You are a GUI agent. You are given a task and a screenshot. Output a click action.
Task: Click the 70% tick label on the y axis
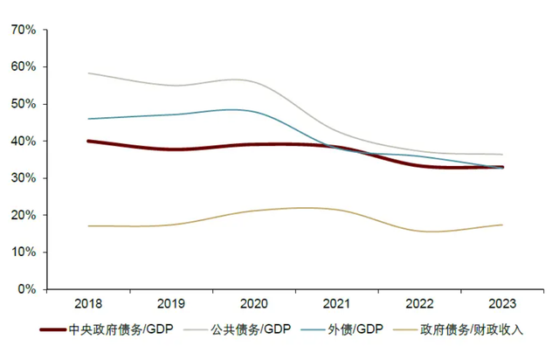[x=24, y=30]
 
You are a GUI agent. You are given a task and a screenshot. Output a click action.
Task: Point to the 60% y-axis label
[x=24, y=66]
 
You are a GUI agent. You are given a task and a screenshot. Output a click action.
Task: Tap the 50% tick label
[x=24, y=104]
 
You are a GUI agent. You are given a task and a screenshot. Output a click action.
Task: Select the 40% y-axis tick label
[x=24, y=141]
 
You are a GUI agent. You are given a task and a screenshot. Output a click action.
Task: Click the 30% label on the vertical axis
[x=24, y=178]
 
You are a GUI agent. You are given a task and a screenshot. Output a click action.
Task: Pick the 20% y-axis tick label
[x=24, y=215]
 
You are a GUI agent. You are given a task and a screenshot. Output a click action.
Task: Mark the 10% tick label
[x=24, y=252]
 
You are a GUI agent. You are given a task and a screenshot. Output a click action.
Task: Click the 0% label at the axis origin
[x=26, y=289]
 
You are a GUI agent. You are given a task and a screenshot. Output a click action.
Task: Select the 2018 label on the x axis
[x=87, y=305]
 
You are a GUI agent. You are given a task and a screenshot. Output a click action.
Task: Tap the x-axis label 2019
[x=170, y=305]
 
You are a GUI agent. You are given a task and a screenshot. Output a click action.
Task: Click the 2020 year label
[x=253, y=305]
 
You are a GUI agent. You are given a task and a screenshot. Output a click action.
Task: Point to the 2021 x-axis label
[x=336, y=305]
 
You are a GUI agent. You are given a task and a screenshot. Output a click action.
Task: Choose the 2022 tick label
[x=419, y=305]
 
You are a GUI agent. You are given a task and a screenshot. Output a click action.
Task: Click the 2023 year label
[x=501, y=305]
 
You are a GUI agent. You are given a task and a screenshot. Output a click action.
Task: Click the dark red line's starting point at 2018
[x=88, y=141]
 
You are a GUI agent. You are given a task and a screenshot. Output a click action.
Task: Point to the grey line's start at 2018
[x=88, y=73]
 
